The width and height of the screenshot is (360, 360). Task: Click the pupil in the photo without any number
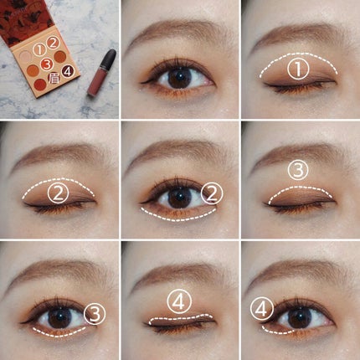(x=179, y=78)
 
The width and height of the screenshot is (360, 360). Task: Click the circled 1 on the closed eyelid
(x=296, y=65)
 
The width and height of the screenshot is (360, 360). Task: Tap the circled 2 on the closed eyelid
(x=57, y=194)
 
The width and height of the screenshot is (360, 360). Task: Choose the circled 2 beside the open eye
(x=212, y=195)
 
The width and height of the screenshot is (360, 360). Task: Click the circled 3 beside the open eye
(x=94, y=313)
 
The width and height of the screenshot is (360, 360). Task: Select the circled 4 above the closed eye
(x=177, y=299)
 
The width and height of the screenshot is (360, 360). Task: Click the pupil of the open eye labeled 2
(x=178, y=198)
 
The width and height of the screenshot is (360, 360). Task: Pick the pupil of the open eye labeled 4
(x=298, y=318)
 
